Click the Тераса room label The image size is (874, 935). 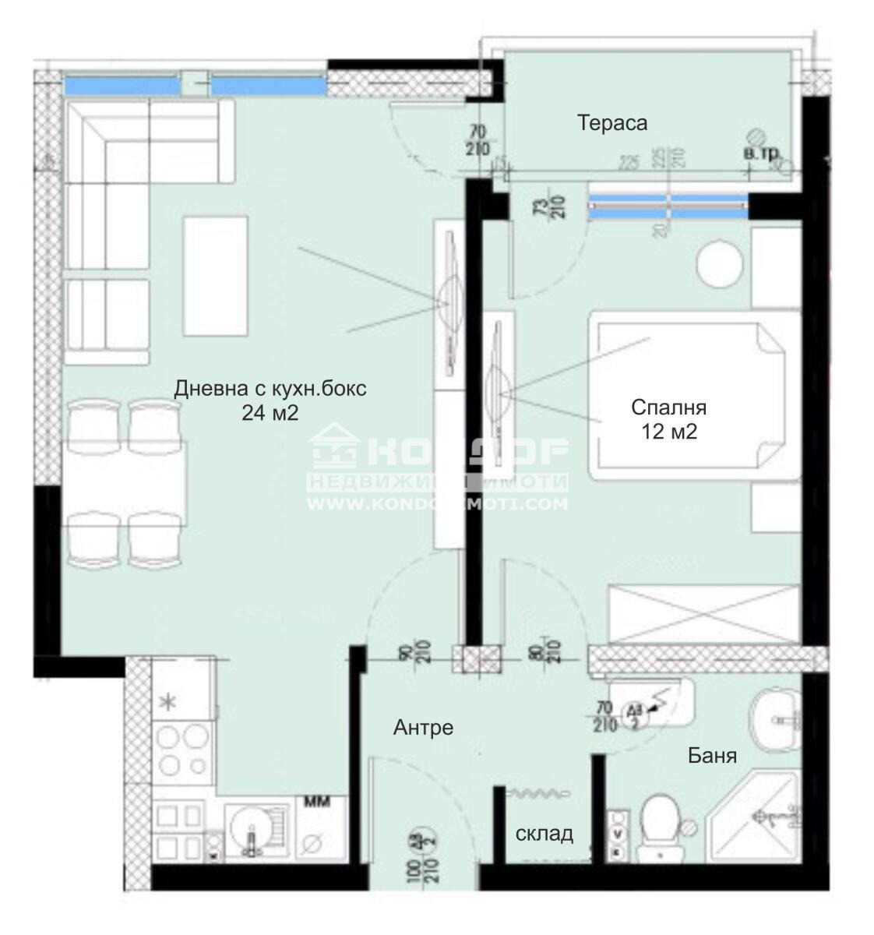(x=611, y=122)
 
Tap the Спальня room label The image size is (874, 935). (x=668, y=407)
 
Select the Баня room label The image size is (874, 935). (x=711, y=755)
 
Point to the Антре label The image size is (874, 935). (x=423, y=728)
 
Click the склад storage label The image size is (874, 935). (x=544, y=833)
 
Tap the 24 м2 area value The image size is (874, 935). (x=270, y=413)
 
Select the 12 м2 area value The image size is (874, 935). (x=668, y=432)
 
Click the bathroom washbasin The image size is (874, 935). (x=776, y=718)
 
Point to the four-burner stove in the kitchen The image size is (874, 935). (x=183, y=750)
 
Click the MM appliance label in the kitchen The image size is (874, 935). (x=316, y=801)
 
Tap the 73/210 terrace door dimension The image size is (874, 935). (x=556, y=204)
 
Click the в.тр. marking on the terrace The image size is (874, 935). (x=761, y=155)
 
